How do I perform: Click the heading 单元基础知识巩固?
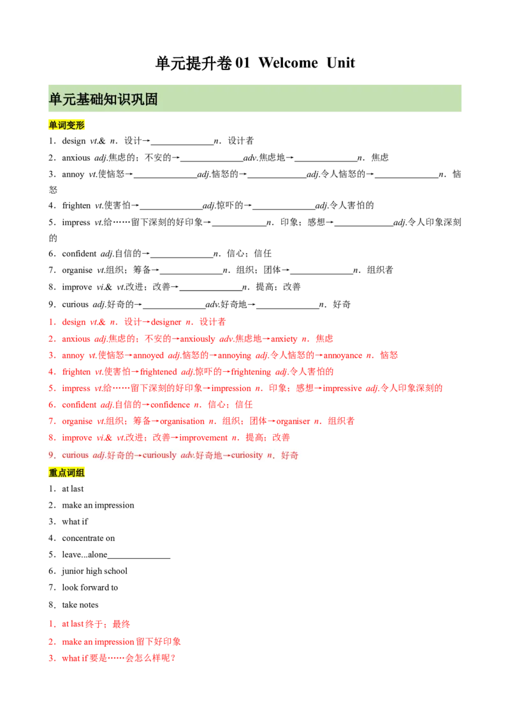(x=103, y=99)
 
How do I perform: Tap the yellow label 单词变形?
(x=66, y=125)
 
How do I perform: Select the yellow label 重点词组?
(x=66, y=473)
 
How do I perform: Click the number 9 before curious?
(x=51, y=455)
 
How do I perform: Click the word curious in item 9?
(x=75, y=455)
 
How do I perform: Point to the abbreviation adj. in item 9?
(x=99, y=455)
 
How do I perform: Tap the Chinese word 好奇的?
(x=121, y=455)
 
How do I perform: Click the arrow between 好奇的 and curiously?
(x=138, y=455)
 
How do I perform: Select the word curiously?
(x=159, y=455)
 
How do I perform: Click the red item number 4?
(x=50, y=371)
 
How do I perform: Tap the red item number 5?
(x=50, y=388)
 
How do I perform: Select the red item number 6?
(x=50, y=404)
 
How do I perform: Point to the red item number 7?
(x=50, y=421)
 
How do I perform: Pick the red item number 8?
(x=50, y=438)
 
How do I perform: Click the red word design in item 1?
(x=74, y=321)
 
